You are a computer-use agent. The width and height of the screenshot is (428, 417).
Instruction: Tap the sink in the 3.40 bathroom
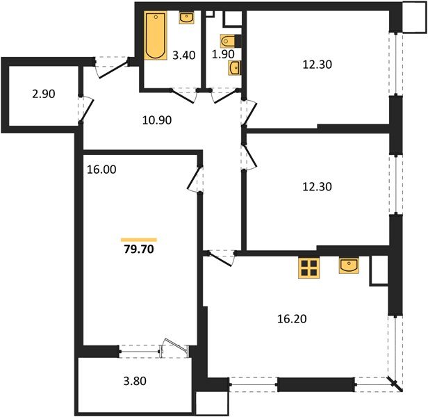pyautogui.click(x=186, y=19)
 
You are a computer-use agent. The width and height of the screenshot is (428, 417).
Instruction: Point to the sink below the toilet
pyautogui.click(x=235, y=67)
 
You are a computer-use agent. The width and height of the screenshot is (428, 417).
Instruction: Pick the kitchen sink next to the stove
pyautogui.click(x=349, y=265)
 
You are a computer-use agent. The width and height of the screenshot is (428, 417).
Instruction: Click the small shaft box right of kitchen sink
pyautogui.click(x=378, y=270)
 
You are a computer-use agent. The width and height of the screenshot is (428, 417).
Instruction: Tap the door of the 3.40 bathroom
pyautogui.click(x=182, y=93)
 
